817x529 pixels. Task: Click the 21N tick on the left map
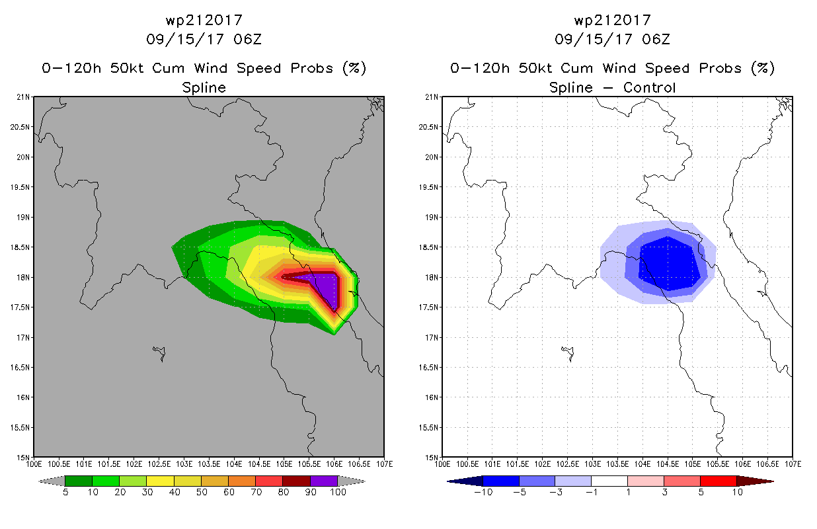pyautogui.click(x=24, y=97)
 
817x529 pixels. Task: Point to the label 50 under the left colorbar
pyautogui.click(x=201, y=492)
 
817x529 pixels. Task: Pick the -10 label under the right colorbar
pyautogui.click(x=483, y=492)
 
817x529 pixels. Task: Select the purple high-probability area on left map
pyautogui.click(x=327, y=288)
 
